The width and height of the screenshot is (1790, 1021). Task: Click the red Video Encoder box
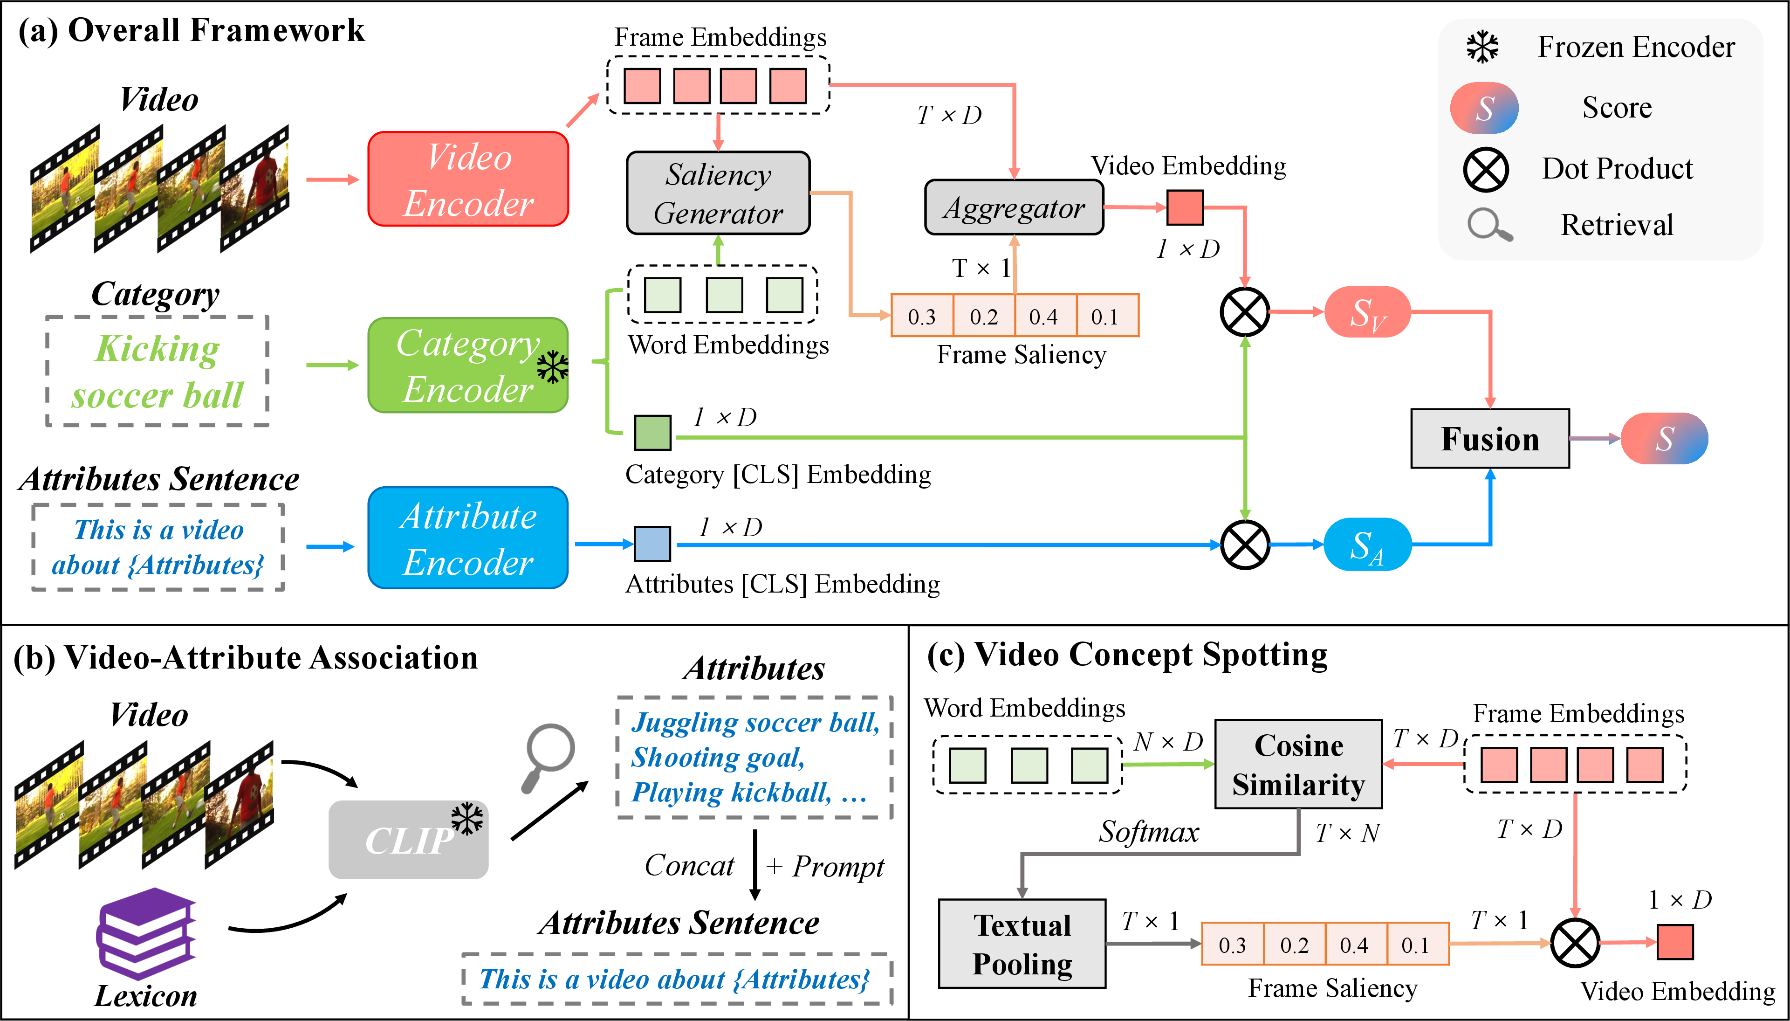pos(468,179)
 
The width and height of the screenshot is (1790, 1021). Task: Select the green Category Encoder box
pos(468,366)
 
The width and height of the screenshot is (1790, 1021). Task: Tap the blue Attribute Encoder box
pos(468,538)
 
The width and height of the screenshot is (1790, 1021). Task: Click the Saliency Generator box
pos(719,193)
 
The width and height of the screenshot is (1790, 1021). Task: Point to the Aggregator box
pos(1014,207)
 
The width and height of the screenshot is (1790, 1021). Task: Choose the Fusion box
pos(1490,438)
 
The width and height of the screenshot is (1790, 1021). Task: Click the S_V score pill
pos(1367,312)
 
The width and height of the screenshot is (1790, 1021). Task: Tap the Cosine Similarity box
pos(1299,764)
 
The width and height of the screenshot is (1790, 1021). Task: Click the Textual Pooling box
pos(1022,944)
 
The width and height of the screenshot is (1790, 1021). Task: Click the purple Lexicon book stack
pos(146,933)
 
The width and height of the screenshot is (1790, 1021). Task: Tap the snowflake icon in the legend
pos(1483,47)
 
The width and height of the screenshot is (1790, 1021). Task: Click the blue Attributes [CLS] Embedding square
pos(652,544)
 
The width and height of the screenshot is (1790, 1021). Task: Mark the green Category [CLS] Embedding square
pos(652,432)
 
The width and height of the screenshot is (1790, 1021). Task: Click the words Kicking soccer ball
pos(158,371)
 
